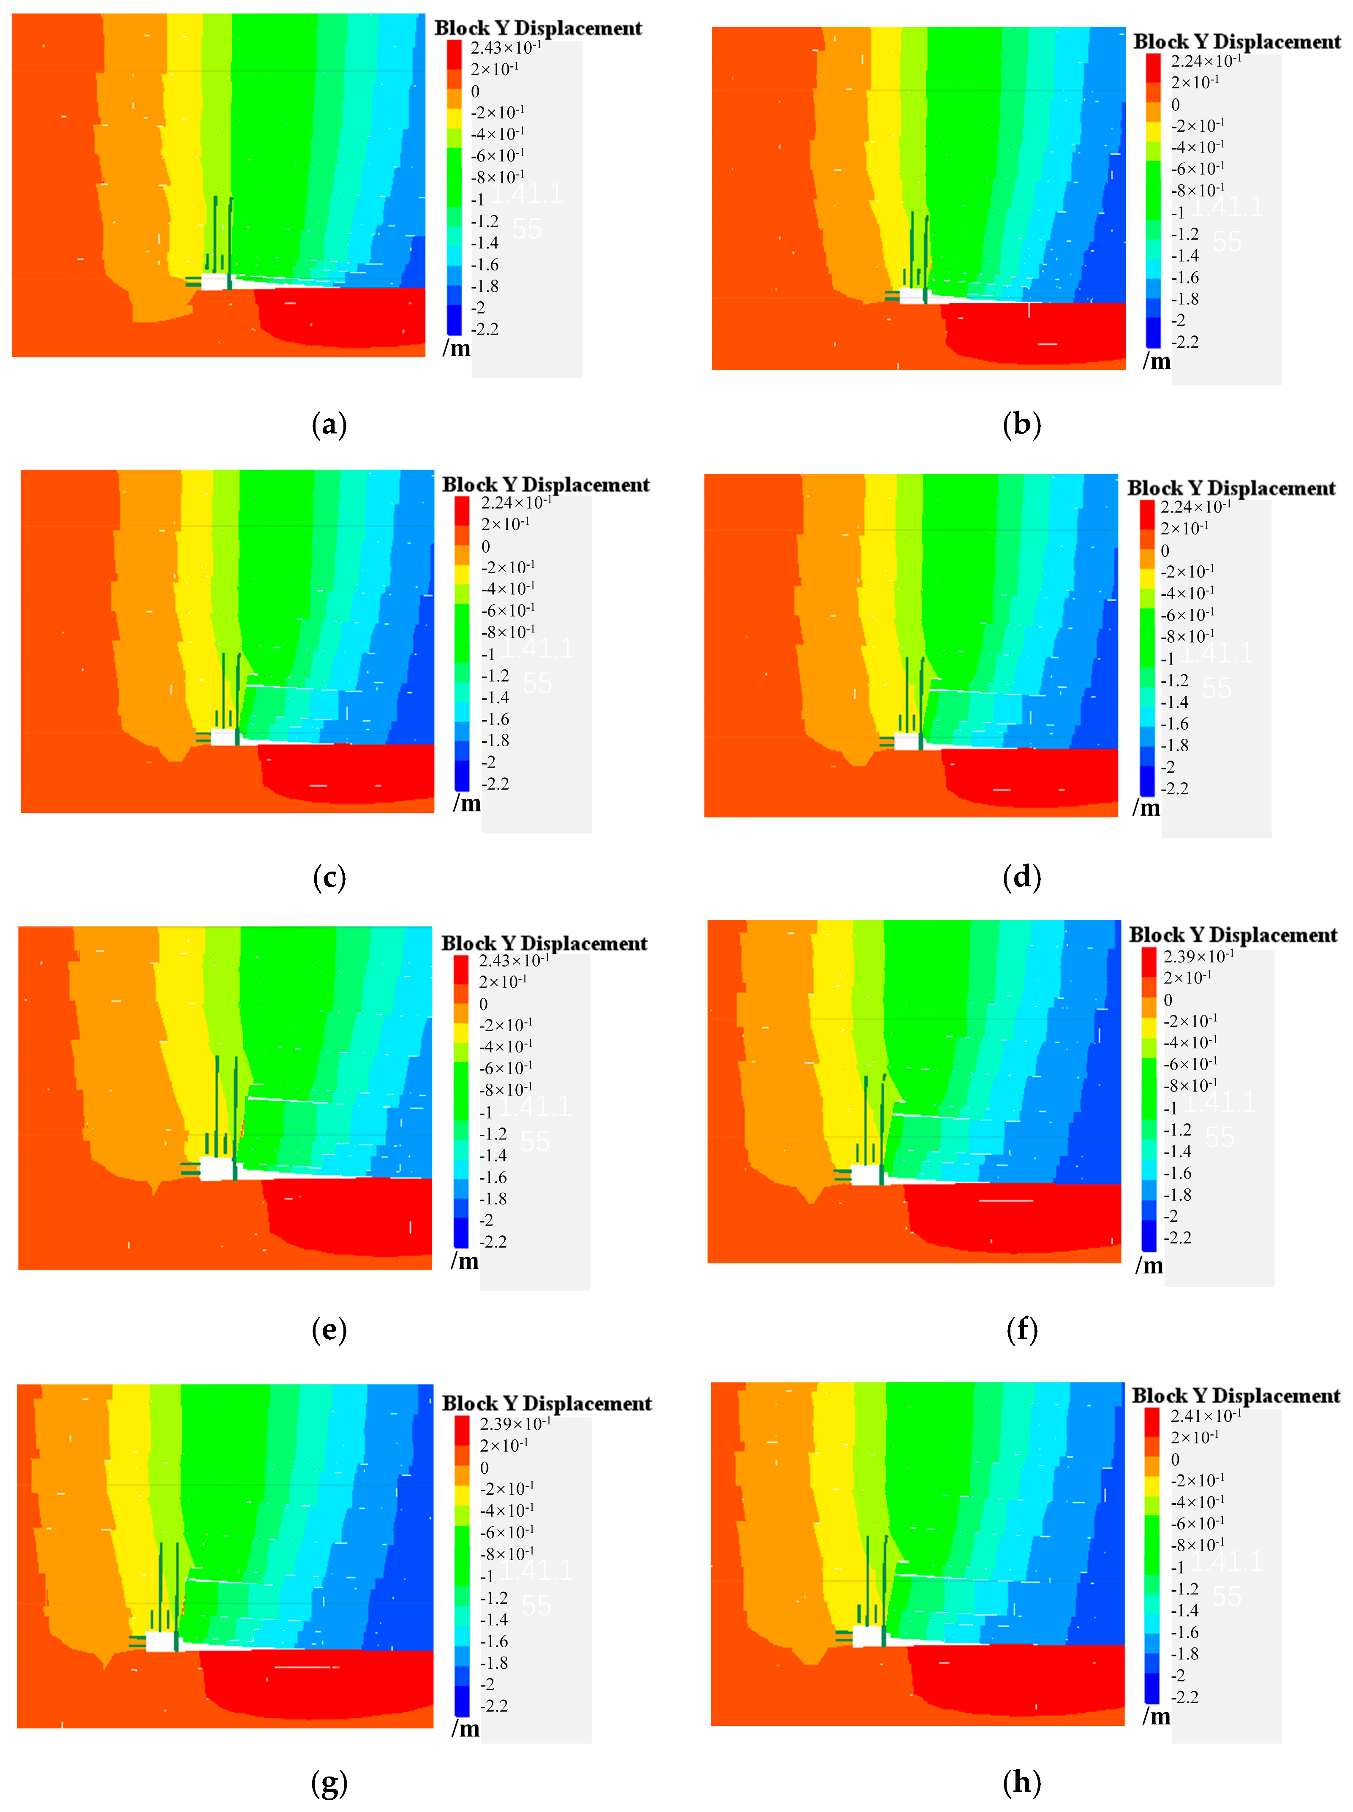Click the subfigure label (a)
[329, 424]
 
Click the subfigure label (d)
[1021, 877]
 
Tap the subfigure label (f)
[1021, 1330]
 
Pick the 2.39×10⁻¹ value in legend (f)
[1198, 956]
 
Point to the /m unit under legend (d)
[1146, 808]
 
